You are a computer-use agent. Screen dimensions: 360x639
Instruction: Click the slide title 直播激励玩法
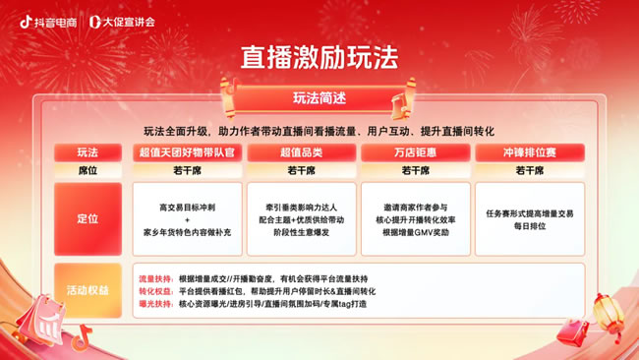pos(319,58)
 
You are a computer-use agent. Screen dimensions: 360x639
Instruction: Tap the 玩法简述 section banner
pos(319,98)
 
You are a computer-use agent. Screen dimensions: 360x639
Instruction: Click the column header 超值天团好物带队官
pos(186,152)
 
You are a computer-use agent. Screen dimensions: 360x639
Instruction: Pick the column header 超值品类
pos(302,152)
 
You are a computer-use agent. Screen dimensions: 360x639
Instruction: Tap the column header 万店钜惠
pos(415,152)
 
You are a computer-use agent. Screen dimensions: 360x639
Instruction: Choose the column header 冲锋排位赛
pos(529,152)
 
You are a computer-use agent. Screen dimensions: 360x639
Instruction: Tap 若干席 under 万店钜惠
pos(415,170)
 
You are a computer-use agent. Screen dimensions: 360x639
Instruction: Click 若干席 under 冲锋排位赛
pos(529,170)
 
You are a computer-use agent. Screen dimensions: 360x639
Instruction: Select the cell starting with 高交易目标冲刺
pos(186,219)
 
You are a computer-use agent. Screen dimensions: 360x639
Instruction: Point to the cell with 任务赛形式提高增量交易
pos(529,219)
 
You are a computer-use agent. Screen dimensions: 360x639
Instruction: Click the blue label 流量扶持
pos(155,278)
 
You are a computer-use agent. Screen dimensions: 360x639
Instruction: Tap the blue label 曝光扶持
pos(155,304)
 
